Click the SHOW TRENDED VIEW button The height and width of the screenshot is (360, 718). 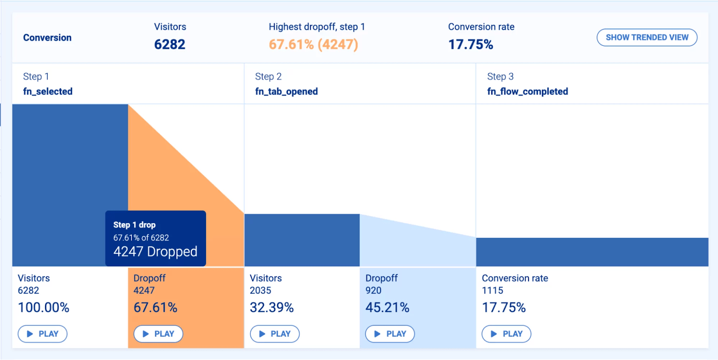coord(647,38)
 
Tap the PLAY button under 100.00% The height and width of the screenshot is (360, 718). coord(43,334)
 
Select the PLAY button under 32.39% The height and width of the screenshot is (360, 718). coord(275,334)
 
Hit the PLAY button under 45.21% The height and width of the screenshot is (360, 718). coord(390,334)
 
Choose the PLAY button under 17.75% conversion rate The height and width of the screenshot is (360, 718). coord(506,334)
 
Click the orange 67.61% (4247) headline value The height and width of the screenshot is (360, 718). coord(313,44)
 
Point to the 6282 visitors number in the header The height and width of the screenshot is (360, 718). coord(170,44)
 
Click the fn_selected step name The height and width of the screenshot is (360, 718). coord(48,92)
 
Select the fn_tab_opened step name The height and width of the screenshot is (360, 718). coord(286,92)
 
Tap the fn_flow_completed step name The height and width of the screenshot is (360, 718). coord(527,92)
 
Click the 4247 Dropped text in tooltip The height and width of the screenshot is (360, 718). coord(155,251)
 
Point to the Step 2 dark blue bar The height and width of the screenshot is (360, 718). coord(302,240)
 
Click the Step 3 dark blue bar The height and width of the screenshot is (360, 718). coord(592,252)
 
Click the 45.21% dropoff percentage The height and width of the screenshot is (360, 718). coord(387,307)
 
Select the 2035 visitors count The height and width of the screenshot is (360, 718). coord(260,290)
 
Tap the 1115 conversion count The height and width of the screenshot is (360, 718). coord(492,290)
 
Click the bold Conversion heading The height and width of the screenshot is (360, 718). coord(47,38)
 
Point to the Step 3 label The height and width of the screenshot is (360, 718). coord(500,77)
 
